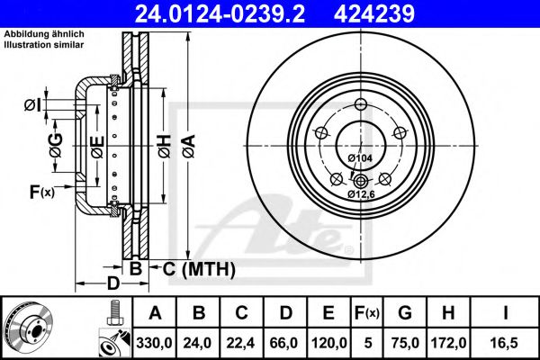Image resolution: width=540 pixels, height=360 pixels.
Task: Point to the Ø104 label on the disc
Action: tap(360, 158)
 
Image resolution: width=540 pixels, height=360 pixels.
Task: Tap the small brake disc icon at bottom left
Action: tap(30, 328)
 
